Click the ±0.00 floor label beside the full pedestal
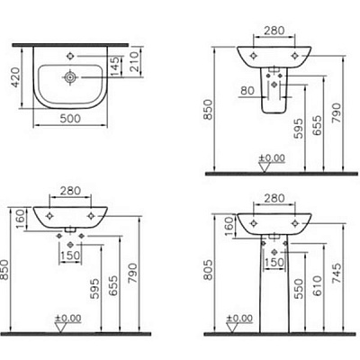pyautogui.click(x=240, y=317)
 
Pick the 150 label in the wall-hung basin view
pyautogui.click(x=68, y=255)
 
